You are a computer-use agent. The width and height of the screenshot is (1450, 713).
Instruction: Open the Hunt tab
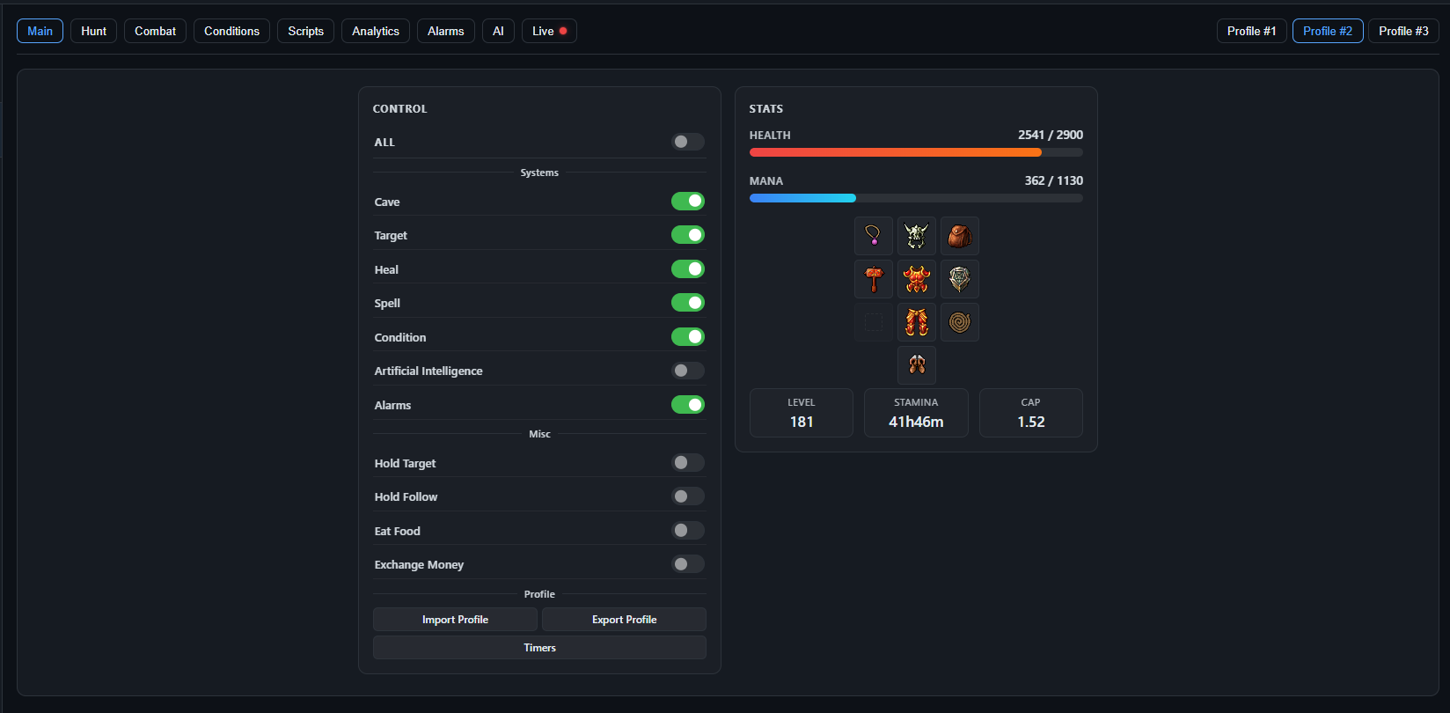(x=93, y=31)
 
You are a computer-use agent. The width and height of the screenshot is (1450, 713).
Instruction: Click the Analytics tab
(x=376, y=31)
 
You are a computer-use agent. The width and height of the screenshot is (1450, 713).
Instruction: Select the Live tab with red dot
(x=549, y=31)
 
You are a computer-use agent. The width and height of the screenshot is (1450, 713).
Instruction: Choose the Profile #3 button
(x=1403, y=31)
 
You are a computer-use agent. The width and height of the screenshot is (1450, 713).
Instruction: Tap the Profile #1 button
(x=1251, y=31)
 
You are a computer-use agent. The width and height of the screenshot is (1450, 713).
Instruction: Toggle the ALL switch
(x=687, y=142)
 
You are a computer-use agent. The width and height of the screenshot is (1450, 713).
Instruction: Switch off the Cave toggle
(x=687, y=202)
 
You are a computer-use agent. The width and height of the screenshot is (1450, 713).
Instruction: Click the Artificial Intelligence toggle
(x=687, y=371)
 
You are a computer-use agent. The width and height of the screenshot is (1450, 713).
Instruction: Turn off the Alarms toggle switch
(x=687, y=405)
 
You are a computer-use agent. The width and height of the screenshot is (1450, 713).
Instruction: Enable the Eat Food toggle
(x=687, y=531)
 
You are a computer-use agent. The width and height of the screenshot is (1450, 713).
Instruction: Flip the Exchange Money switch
(x=687, y=564)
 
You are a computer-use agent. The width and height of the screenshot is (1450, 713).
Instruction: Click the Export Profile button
(x=624, y=619)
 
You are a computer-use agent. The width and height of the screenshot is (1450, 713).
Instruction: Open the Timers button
(x=539, y=648)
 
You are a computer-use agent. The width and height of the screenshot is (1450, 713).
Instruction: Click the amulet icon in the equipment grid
(x=873, y=236)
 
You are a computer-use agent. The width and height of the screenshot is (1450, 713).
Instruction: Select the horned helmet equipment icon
(x=916, y=236)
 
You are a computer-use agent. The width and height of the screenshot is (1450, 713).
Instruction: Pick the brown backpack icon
(x=959, y=236)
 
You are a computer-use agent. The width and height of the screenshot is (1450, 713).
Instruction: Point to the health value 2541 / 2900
(x=1050, y=135)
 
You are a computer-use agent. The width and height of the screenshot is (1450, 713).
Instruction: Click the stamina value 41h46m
(x=916, y=422)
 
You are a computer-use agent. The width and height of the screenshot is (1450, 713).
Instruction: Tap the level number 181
(x=802, y=422)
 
